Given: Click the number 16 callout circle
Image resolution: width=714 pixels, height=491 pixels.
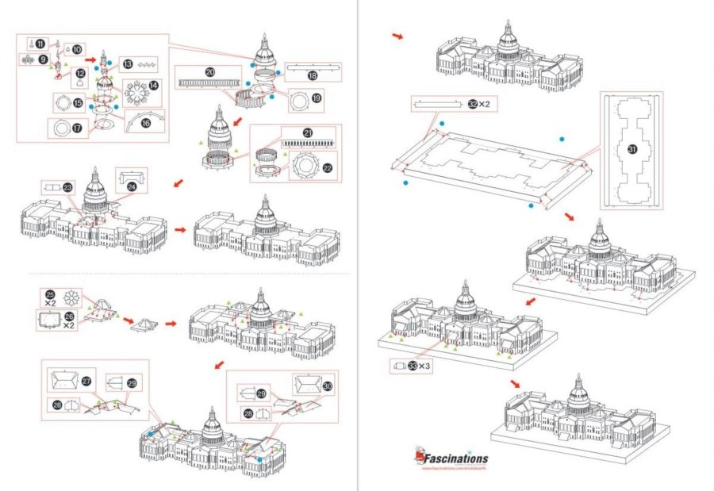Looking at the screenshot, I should coord(145,124).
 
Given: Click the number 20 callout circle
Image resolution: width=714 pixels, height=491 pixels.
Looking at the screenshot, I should coord(209,71).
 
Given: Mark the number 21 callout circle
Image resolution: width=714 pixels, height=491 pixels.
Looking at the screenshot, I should coord(307,132).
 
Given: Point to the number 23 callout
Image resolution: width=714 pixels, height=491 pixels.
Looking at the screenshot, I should coord(67,187).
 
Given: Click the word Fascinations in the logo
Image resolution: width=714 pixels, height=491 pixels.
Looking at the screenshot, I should coord(459,458).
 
